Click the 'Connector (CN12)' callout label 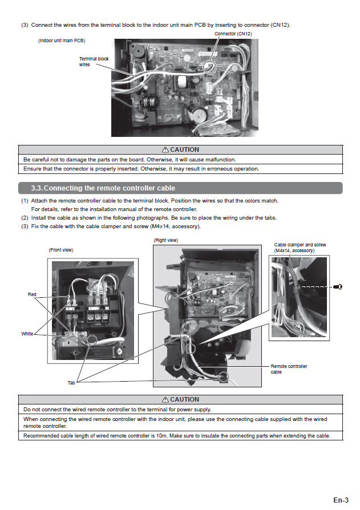pyautogui.click(x=233, y=34)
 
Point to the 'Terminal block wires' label pyautogui.click(x=93, y=62)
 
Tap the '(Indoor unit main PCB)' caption pyautogui.click(x=62, y=41)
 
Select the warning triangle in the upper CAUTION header pyautogui.click(x=165, y=150)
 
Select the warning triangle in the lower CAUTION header pyautogui.click(x=165, y=399)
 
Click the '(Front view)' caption pyautogui.click(x=61, y=250)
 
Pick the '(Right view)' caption pyautogui.click(x=165, y=240)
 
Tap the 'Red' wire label pyautogui.click(x=32, y=294)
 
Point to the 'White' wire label pyautogui.click(x=27, y=334)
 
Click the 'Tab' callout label pyautogui.click(x=71, y=383)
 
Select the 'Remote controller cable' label pyautogui.click(x=288, y=369)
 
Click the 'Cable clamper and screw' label pyautogui.click(x=300, y=248)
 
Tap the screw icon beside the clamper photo pyautogui.click(x=338, y=286)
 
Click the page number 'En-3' pyautogui.click(x=341, y=500)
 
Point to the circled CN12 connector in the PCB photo pyautogui.click(x=210, y=67)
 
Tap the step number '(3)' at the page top pyautogui.click(x=25, y=25)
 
